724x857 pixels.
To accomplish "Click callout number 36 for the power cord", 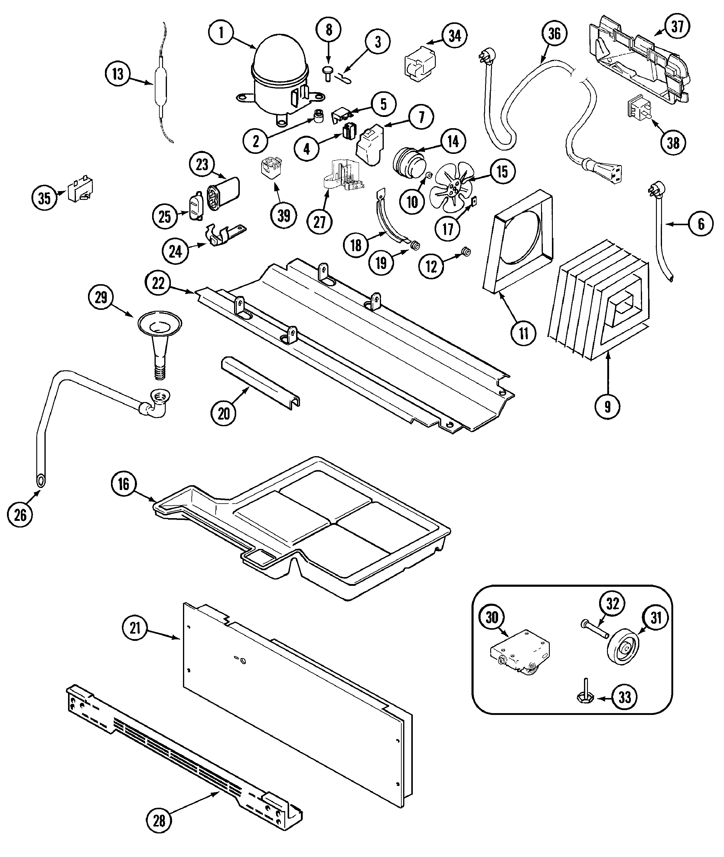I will click(x=554, y=34).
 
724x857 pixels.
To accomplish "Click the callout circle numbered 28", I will click(x=159, y=820).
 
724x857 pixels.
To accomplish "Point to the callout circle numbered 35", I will click(x=44, y=198).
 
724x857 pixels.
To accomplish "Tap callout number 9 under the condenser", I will click(x=607, y=406).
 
